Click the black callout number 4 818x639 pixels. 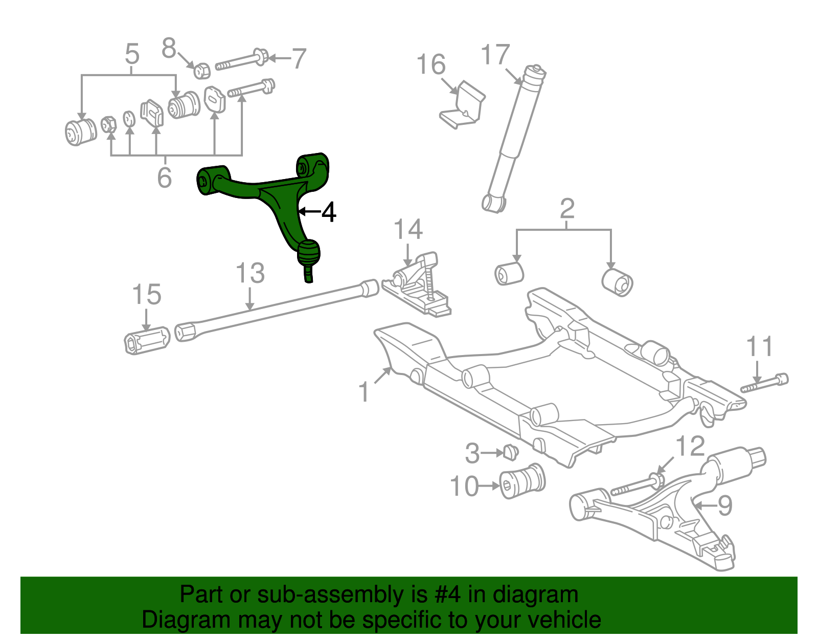[328, 212]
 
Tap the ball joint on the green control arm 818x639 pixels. [308, 253]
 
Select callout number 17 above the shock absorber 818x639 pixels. [495, 55]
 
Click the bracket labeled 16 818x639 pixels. [463, 106]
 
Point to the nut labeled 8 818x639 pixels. [202, 71]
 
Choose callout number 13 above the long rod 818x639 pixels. [250, 273]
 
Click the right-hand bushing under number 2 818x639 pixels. [618, 282]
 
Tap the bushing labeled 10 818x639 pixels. [522, 481]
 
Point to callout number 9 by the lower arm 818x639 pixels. [724, 506]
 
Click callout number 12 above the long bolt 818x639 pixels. [690, 447]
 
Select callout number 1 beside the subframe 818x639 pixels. [363, 392]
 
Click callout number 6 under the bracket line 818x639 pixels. [164, 177]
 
